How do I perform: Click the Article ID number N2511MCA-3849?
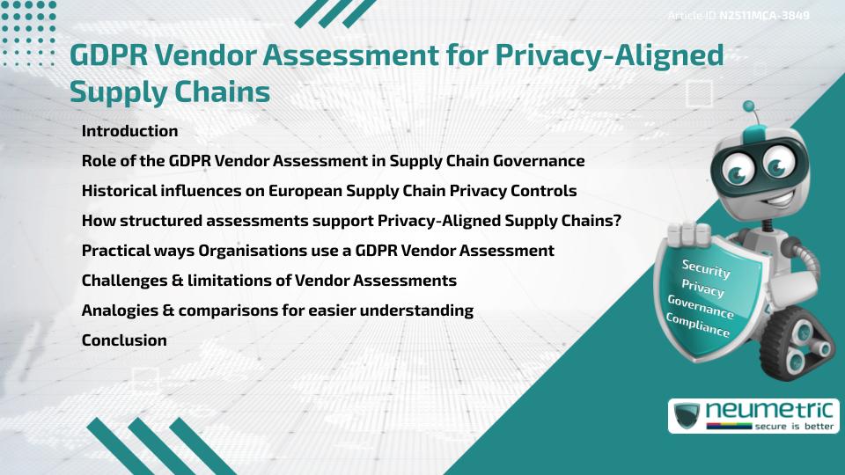764,16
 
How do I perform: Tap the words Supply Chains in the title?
170,91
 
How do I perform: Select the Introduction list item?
129,131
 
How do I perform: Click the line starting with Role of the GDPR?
333,161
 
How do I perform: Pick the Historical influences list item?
328,191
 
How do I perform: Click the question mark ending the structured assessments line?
617,221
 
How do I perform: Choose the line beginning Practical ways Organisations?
318,251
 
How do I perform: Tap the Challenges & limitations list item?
268,281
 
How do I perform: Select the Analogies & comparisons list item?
277,311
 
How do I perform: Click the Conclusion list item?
124,340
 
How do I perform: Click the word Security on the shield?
706,268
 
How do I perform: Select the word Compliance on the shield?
698,325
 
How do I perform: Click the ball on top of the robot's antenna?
750,106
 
